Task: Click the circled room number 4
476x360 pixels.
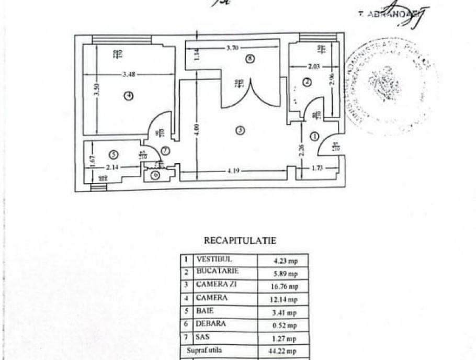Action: [x=128, y=95]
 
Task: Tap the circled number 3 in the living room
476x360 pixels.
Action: [x=240, y=131]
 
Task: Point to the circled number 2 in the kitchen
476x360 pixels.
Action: [x=307, y=82]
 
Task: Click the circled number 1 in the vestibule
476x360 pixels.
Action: [x=314, y=136]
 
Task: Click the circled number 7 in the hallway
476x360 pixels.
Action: [x=165, y=151]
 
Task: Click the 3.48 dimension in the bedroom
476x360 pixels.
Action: [x=129, y=75]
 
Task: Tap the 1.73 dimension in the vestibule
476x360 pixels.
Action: [x=316, y=167]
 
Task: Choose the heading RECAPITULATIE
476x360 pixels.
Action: [x=240, y=241]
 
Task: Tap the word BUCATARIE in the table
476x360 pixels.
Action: [x=218, y=272]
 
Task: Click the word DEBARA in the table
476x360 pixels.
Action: [x=211, y=324]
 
